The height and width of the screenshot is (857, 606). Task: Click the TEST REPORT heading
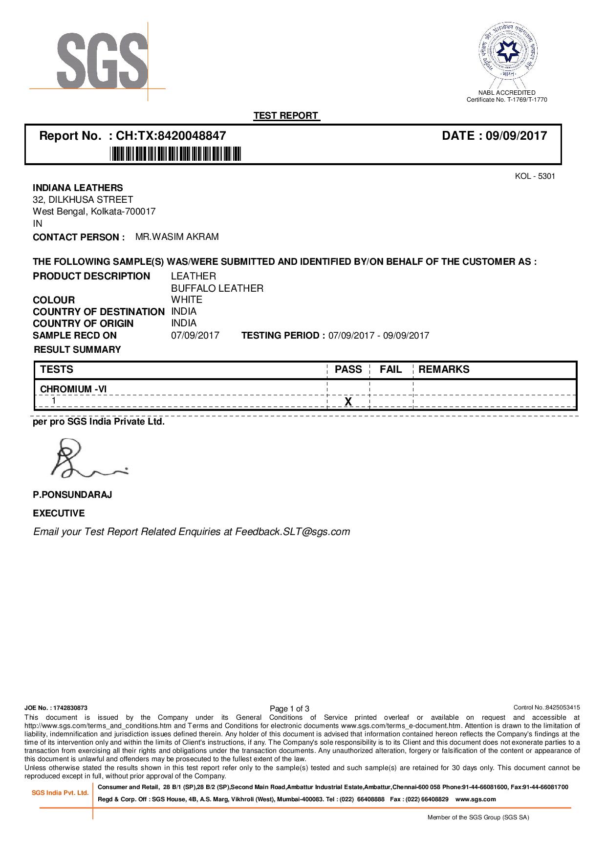[x=286, y=116]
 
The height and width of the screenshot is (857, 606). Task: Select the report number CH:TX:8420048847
[x=171, y=136]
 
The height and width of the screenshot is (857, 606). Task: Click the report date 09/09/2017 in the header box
[x=517, y=136]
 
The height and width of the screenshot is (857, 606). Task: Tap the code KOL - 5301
[x=535, y=176]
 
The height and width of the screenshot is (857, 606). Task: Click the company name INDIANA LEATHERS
[x=78, y=188]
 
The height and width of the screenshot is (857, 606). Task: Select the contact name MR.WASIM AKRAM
[x=177, y=237]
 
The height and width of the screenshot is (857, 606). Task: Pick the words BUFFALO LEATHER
[x=217, y=288]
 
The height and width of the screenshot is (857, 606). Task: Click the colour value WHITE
[x=187, y=300]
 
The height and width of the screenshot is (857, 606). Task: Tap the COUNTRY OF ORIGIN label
[x=83, y=323]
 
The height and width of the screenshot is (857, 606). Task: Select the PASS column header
[x=348, y=370]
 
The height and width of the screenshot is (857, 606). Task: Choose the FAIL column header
[x=390, y=370]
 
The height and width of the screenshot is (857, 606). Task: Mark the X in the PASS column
[x=348, y=402]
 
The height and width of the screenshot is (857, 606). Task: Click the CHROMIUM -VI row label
[x=73, y=389]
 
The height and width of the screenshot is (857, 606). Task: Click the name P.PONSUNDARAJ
[x=72, y=495]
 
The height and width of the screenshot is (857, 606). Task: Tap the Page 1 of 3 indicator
[x=290, y=708]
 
